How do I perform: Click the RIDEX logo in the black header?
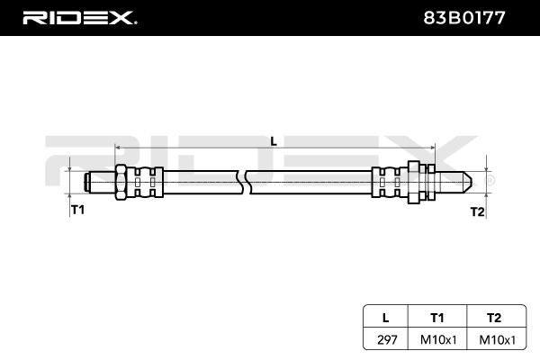[79, 18]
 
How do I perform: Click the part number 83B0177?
[463, 18]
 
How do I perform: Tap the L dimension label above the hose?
[274, 141]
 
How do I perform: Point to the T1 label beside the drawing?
[77, 209]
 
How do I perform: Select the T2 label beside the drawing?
[477, 211]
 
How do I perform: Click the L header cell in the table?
[386, 318]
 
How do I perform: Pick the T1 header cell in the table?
[437, 318]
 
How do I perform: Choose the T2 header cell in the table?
[494, 318]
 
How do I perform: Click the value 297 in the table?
[387, 339]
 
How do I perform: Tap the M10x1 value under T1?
[438, 340]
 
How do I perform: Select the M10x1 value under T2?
[498, 340]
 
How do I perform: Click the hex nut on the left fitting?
[121, 182]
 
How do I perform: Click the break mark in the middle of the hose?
[244, 182]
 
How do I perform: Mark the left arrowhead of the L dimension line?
[118, 148]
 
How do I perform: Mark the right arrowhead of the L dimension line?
[433, 148]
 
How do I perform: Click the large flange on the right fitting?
[413, 182]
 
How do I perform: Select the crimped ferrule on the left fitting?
[145, 182]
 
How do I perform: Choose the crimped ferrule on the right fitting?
[390, 182]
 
